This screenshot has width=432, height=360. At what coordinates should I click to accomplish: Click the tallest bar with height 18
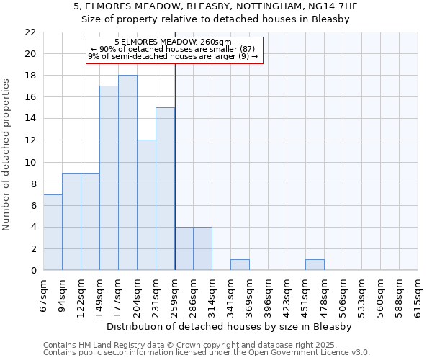tap(127, 173)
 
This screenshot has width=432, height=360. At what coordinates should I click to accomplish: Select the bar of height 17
tap(109, 178)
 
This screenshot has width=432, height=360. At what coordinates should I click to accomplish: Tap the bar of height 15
tap(165, 189)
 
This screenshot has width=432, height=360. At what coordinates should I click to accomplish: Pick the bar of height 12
tap(146, 205)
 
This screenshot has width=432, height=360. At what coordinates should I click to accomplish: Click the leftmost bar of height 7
tap(53, 232)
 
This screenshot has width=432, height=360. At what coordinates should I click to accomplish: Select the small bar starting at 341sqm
tap(240, 265)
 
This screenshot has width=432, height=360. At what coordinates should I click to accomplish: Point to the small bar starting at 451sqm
tap(315, 265)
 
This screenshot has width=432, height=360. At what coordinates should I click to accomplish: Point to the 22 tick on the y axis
tap(30, 32)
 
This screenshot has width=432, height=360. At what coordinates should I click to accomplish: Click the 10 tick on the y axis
tap(30, 163)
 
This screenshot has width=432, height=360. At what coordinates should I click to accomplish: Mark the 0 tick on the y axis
tap(32, 271)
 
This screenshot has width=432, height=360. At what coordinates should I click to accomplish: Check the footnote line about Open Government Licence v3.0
tap(207, 353)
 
